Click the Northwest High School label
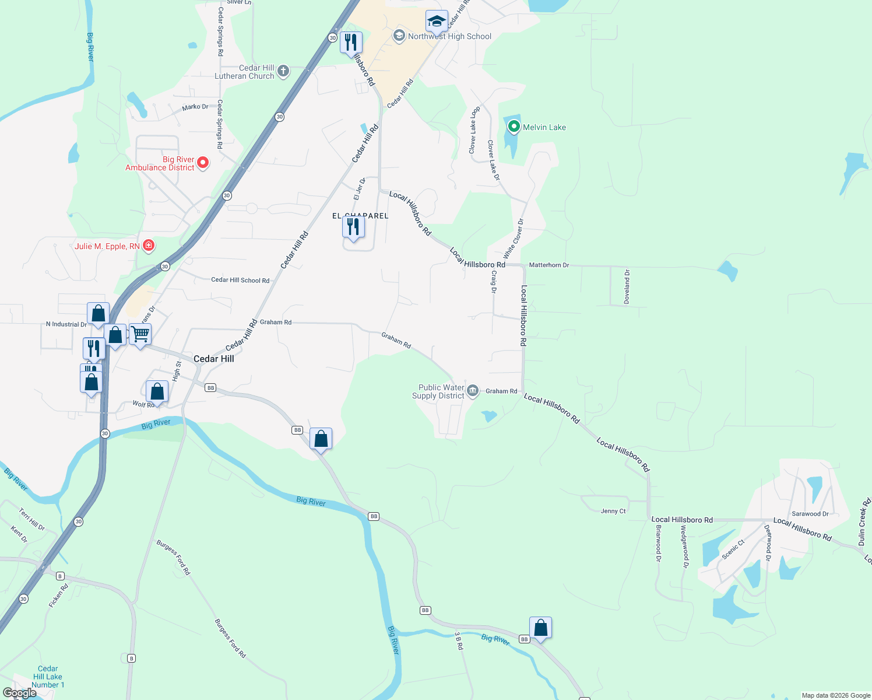click(449, 36)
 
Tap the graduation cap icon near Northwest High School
click(437, 22)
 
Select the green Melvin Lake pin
click(514, 126)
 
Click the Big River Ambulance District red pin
click(203, 163)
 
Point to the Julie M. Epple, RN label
click(107, 246)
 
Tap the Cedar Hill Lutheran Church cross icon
click(283, 72)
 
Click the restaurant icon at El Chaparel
click(353, 227)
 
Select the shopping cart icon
click(140, 334)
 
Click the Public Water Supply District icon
click(473, 390)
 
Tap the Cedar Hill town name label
click(213, 359)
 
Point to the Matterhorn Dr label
click(548, 265)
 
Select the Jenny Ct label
click(613, 511)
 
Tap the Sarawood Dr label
click(810, 514)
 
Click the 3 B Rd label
click(459, 640)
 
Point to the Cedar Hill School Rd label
click(240, 280)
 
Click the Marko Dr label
click(195, 107)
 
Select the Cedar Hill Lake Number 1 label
click(48, 677)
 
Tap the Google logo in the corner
click(20, 693)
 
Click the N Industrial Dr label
click(66, 324)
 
